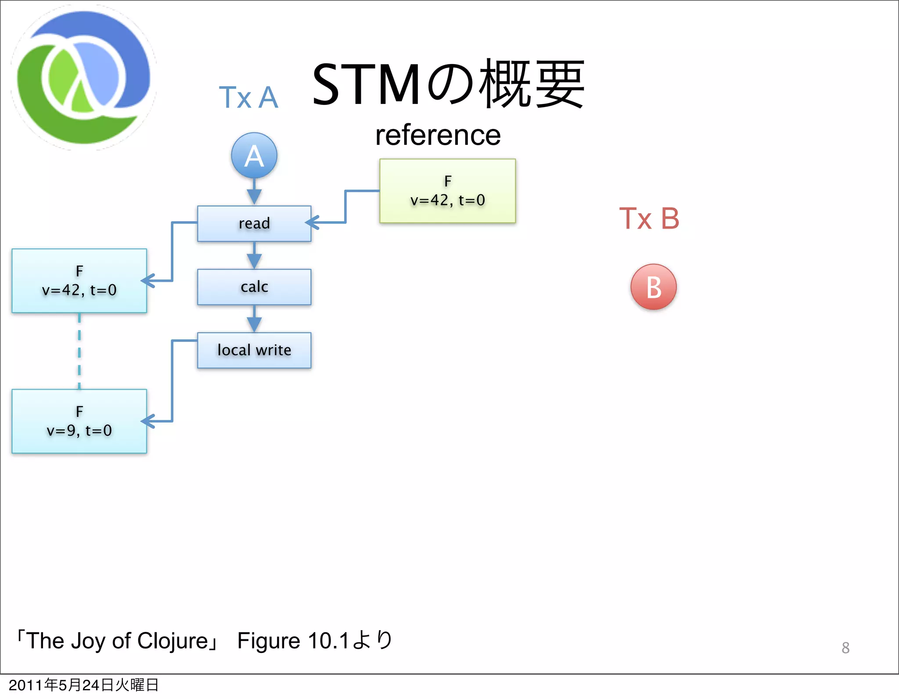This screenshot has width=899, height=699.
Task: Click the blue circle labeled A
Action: pos(254,155)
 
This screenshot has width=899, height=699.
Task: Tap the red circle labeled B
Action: pos(653,287)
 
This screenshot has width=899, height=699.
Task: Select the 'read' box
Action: pos(254,223)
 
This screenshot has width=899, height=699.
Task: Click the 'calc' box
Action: pos(254,287)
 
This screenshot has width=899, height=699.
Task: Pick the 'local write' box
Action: pos(254,350)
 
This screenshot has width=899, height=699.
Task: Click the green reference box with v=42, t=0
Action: pos(447,191)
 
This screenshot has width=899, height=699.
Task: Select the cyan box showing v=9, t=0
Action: pos(79,421)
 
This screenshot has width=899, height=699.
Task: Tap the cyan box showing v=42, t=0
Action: pos(79,281)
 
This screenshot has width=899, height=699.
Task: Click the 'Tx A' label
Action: pos(248,97)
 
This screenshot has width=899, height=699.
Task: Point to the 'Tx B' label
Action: pos(649,219)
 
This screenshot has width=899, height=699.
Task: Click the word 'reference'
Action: pos(438,135)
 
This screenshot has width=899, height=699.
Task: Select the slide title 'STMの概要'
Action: pos(448,84)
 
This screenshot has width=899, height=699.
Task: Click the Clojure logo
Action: pos(83,78)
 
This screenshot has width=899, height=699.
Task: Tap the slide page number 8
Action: pos(845,648)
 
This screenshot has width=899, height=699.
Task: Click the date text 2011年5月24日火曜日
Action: pos(83,685)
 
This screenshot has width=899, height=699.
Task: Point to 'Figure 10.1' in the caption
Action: pos(293,641)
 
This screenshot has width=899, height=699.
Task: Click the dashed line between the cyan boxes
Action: pos(79,351)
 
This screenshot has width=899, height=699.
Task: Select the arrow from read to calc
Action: pos(254,255)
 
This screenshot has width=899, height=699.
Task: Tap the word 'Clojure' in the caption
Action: pos(173,641)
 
